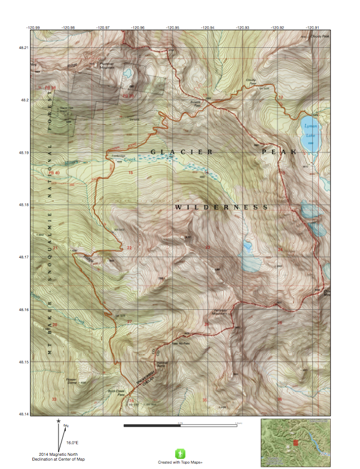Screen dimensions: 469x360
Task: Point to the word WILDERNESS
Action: coord(221,207)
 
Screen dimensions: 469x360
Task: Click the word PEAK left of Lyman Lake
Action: coord(279,152)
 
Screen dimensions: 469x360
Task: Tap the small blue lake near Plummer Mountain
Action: coord(127,74)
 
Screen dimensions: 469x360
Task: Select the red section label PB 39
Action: coord(127,95)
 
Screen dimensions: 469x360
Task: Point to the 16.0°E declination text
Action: coord(72,442)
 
